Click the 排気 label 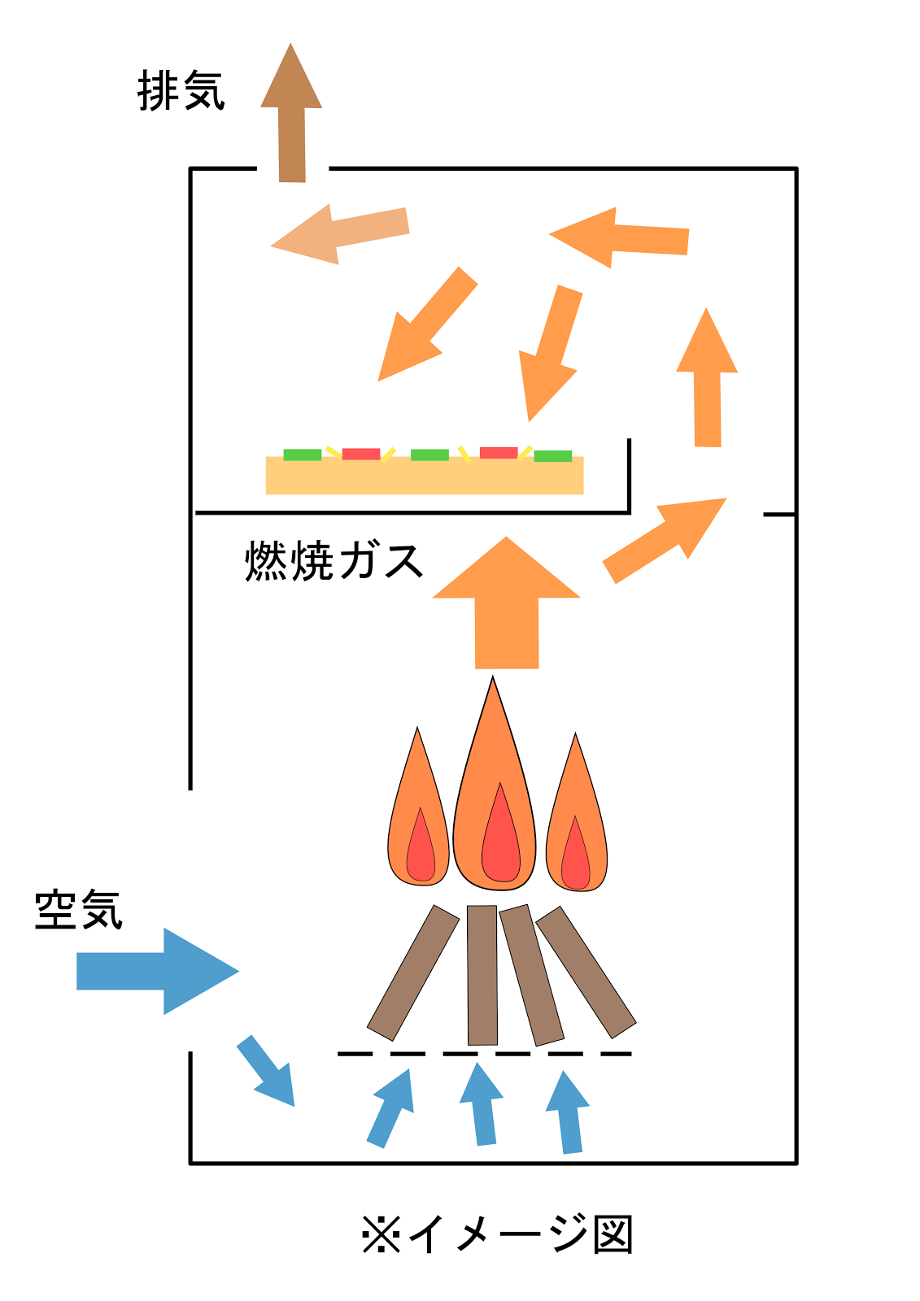coord(181,90)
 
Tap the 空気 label coord(78,910)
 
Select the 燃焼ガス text coord(334,560)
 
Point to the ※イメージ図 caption coord(497,1234)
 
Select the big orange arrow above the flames coord(506,606)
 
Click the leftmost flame coord(418,821)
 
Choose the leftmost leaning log coord(413,972)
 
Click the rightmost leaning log coord(586,972)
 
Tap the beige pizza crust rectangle coord(425,478)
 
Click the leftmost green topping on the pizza coord(303,455)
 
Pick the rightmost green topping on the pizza coord(553,456)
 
